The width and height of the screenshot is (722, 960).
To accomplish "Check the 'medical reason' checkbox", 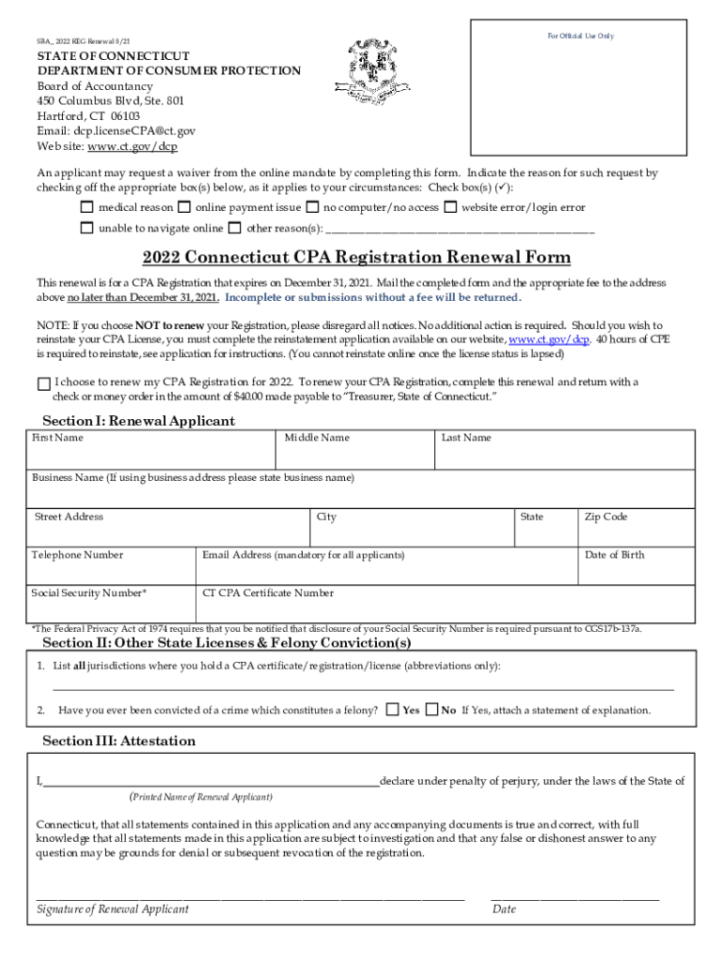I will tap(87, 207).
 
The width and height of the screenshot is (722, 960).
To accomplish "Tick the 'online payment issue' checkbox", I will tap(185, 207).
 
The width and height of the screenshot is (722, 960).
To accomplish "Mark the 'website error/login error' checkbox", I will tap(451, 207).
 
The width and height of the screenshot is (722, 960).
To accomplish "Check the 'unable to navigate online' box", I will tap(87, 228).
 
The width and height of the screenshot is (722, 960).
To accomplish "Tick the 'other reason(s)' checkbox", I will tap(235, 228).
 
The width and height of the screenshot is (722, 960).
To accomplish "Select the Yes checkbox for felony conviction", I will tap(393, 710).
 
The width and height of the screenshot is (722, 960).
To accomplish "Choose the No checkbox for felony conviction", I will tap(432, 710).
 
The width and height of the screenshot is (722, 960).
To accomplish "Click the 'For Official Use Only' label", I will tap(580, 36).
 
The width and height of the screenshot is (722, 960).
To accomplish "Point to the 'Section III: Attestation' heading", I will tap(119, 741).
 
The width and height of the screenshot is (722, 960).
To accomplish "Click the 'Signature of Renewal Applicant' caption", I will tap(113, 908).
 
